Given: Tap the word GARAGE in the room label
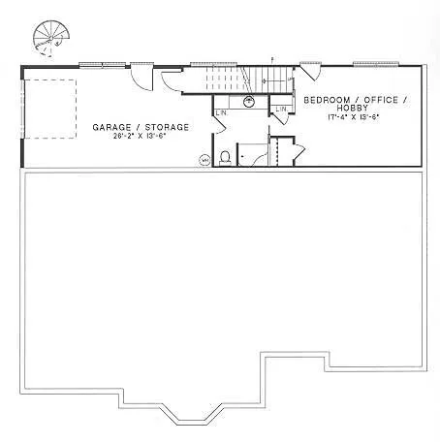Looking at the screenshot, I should (x=110, y=127).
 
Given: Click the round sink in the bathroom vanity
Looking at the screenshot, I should (x=250, y=100).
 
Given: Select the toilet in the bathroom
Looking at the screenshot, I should (x=225, y=156).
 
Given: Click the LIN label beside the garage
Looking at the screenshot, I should (x=221, y=112).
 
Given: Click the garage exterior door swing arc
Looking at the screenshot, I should (x=142, y=79).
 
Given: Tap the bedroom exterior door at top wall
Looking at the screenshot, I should (x=312, y=73).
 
